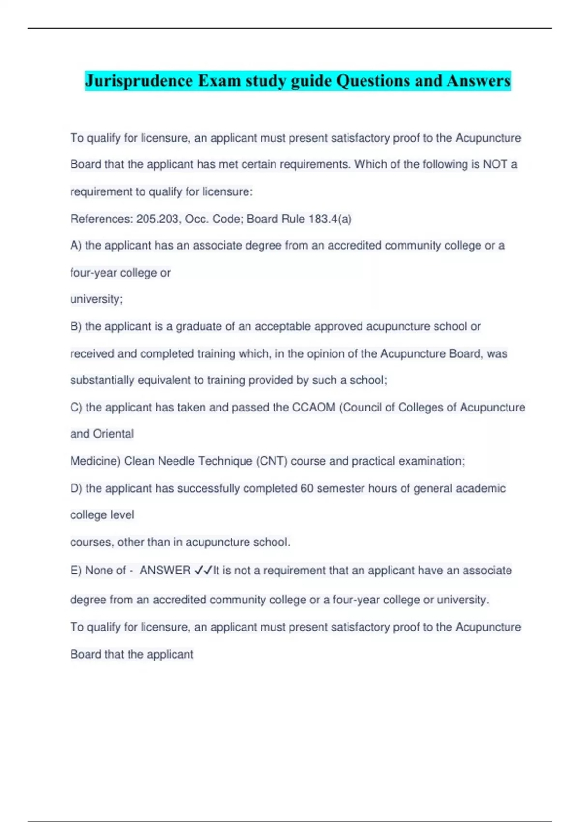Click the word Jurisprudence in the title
point(139,81)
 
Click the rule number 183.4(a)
point(330,219)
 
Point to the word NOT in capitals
point(495,164)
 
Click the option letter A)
point(76,246)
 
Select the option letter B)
point(76,327)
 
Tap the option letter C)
point(76,408)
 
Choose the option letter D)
point(76,489)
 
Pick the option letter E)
point(76,571)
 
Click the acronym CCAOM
point(314,408)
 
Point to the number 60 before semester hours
point(307,489)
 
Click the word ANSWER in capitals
point(165,571)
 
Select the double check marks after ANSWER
point(203,571)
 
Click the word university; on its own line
point(97,299)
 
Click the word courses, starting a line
point(92,543)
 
